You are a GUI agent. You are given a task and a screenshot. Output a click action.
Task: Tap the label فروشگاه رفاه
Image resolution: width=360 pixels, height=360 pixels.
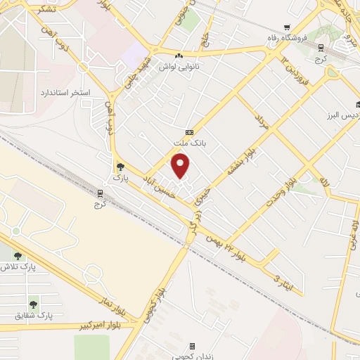(287, 37)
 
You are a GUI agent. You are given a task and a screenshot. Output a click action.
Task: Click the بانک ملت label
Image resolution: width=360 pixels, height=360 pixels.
(189, 143)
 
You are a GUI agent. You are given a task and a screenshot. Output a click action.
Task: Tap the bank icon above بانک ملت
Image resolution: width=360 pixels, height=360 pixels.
(189, 132)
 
